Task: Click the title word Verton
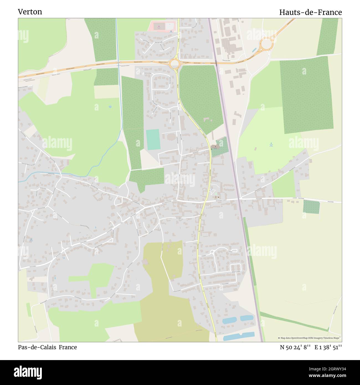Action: (x=30, y=12)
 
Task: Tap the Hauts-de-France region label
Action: (x=310, y=12)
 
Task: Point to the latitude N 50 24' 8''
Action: (x=295, y=347)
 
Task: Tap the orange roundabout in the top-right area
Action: (x=266, y=43)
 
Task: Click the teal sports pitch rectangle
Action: (x=153, y=139)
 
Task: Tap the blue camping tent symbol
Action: (x=271, y=143)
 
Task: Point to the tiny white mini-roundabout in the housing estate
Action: (x=212, y=251)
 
